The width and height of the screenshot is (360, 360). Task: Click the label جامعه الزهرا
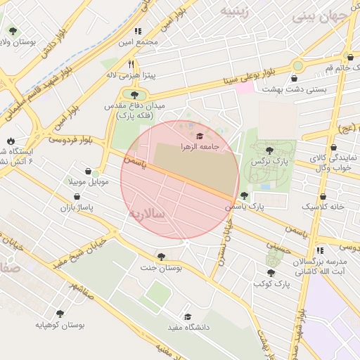200,146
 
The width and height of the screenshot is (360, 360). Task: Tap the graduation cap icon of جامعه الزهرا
200,136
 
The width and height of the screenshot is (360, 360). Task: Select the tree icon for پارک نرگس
270,150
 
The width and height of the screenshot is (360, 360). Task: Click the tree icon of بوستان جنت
162,257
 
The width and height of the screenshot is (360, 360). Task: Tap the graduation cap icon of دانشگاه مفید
188,317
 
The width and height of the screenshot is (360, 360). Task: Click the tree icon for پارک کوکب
271,273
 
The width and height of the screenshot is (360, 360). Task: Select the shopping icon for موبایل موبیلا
88,171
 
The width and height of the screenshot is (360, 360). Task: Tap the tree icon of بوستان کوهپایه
60,314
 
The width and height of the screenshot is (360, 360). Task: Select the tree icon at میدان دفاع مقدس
133,94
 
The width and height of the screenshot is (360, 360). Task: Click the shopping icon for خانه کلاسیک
323,197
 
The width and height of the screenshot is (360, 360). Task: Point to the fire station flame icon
11,141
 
